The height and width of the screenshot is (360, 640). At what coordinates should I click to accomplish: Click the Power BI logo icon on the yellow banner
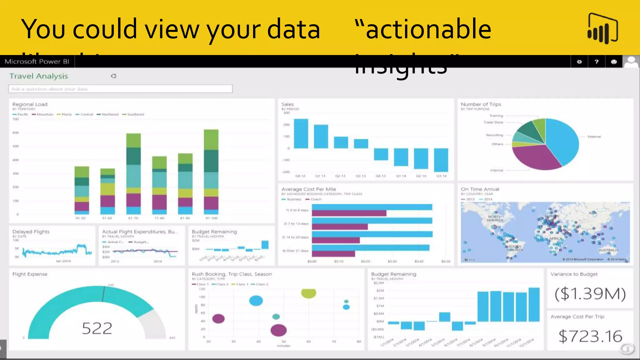tap(603, 28)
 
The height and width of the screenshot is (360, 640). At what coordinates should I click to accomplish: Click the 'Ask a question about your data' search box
tap(120, 89)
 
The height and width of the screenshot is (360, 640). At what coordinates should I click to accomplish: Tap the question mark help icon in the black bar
tap(597, 62)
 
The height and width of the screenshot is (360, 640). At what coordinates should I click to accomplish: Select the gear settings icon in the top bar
tap(579, 62)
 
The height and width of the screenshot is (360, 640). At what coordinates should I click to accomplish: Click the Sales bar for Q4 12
tap(301, 133)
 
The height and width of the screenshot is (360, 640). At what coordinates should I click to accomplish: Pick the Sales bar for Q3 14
tap(441, 160)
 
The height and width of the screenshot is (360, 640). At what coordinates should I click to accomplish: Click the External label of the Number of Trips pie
tap(594, 137)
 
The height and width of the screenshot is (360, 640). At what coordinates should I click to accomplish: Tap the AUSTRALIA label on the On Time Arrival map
tap(608, 250)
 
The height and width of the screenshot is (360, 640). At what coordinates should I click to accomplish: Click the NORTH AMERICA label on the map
tap(495, 218)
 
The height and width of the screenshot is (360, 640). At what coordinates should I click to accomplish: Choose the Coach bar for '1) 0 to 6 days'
tap(349, 213)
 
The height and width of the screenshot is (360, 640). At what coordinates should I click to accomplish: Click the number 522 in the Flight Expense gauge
tap(97, 328)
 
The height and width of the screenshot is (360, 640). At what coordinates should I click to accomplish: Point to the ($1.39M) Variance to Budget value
tap(590, 293)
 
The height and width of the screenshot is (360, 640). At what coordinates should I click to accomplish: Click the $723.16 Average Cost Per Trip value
tap(590, 336)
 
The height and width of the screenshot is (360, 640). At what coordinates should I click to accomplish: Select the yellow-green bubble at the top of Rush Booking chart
tap(308, 293)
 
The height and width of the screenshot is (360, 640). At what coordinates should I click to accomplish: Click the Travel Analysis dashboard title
tap(39, 76)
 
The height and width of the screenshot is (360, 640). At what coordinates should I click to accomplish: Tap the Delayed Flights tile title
tap(31, 232)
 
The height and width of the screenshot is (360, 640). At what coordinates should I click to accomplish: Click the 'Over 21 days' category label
tap(296, 251)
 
